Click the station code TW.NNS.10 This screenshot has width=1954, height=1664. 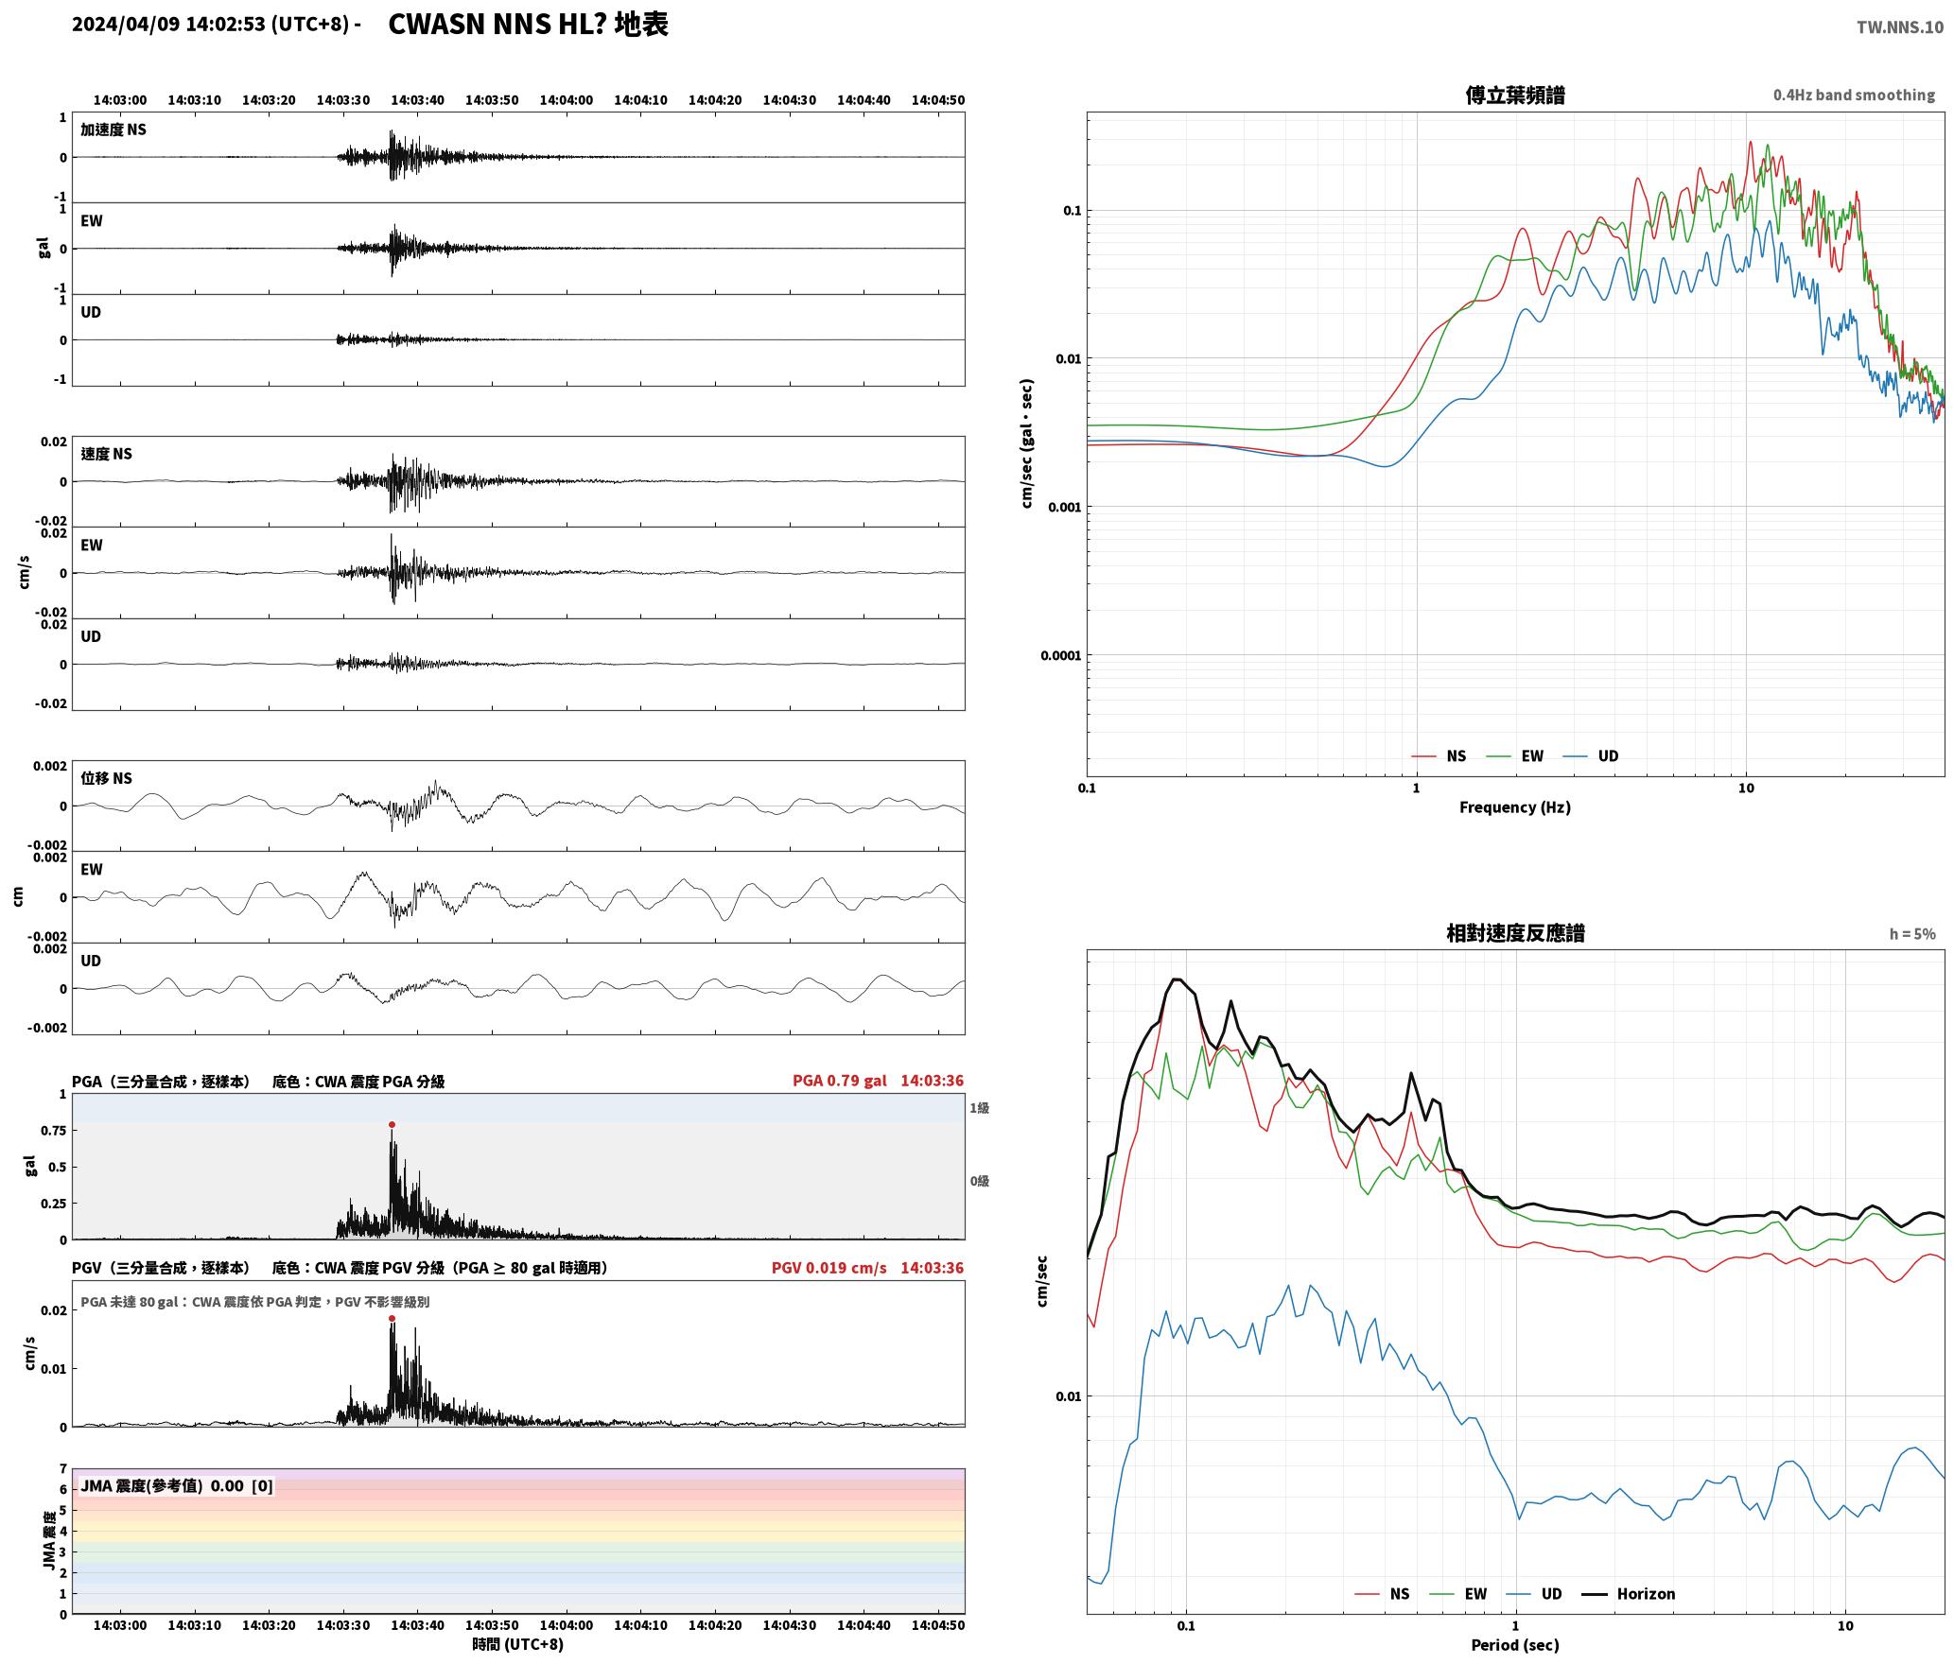[1899, 27]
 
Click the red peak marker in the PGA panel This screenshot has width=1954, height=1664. [392, 1125]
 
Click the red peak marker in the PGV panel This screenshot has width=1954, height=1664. [392, 1318]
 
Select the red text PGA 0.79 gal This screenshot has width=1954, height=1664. [839, 1081]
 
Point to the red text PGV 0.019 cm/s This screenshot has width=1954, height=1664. [829, 1268]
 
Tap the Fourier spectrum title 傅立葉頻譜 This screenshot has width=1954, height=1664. [1515, 95]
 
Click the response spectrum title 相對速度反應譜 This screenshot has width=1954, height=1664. [1515, 933]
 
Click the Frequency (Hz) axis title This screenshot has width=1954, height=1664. [1515, 807]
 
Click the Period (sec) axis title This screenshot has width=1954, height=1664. [1515, 1645]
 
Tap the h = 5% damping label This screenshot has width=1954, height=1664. [1912, 934]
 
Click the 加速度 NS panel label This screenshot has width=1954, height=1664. [113, 130]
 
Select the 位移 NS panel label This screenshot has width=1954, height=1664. [106, 778]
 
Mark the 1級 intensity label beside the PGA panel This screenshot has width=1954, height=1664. [979, 1108]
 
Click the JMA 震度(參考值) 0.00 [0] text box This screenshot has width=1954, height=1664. [177, 1485]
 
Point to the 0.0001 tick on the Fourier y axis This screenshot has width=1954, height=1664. [1060, 655]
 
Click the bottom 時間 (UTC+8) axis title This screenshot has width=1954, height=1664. [518, 1644]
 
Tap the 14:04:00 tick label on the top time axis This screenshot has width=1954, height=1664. [567, 100]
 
